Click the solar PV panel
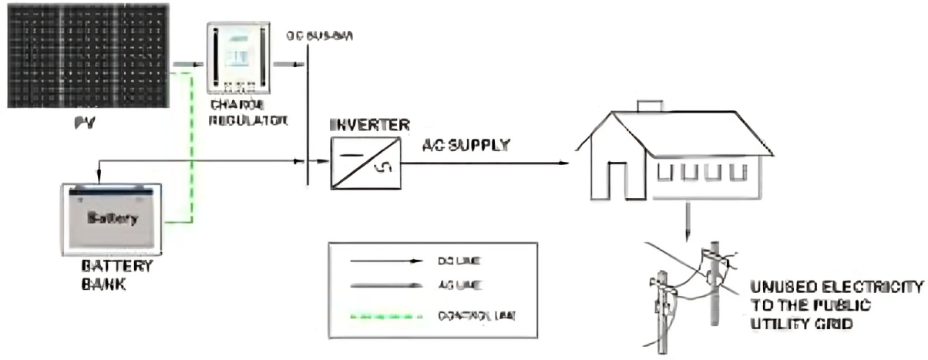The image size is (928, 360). click(x=88, y=56)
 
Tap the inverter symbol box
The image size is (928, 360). click(x=365, y=162)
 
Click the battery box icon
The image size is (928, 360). click(x=112, y=219)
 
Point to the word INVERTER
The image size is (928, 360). click(x=369, y=125)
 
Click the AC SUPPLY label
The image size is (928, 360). click(x=466, y=145)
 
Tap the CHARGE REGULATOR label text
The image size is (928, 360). click(x=247, y=114)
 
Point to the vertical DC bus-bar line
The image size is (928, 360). click(x=308, y=116)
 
